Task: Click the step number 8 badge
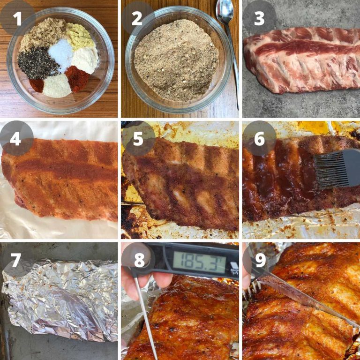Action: (x=138, y=259)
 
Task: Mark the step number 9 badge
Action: (x=259, y=259)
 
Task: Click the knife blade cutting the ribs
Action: (x=305, y=295)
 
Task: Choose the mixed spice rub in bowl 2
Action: (x=176, y=59)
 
